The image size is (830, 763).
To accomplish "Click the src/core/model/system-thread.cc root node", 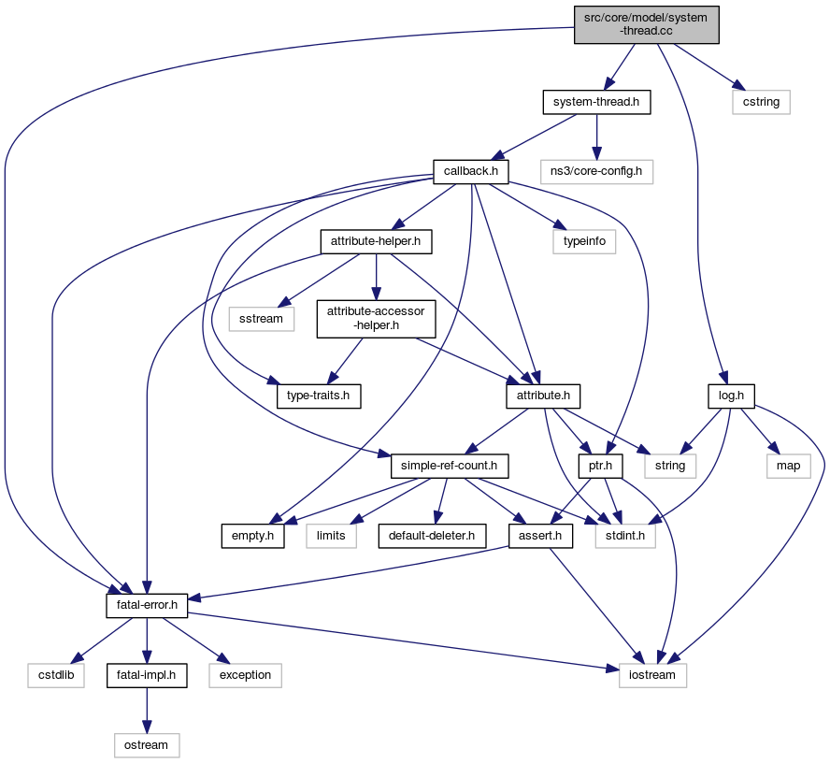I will (x=646, y=23).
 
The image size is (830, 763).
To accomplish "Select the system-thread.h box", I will (x=596, y=101).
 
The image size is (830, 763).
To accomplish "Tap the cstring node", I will (x=761, y=101).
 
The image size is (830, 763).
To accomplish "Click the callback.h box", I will (x=471, y=171).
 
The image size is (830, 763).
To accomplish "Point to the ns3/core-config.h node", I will (x=596, y=171).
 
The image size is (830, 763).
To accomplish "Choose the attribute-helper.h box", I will (x=376, y=241).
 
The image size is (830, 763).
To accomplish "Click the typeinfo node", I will (x=583, y=241).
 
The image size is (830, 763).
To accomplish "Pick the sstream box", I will (x=262, y=319).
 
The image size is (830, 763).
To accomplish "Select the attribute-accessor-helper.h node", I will (x=376, y=319).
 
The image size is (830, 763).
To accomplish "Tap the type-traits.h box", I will (x=319, y=396).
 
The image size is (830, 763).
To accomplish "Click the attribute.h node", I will (x=544, y=396).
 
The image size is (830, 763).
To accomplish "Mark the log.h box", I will (x=731, y=396).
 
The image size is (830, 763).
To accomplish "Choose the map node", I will (x=789, y=465).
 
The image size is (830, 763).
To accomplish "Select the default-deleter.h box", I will (x=433, y=535).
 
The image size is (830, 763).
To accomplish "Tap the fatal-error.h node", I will (x=147, y=605).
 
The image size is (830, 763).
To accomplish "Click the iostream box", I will (x=652, y=674).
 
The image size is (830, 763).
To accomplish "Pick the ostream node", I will (x=147, y=744).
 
